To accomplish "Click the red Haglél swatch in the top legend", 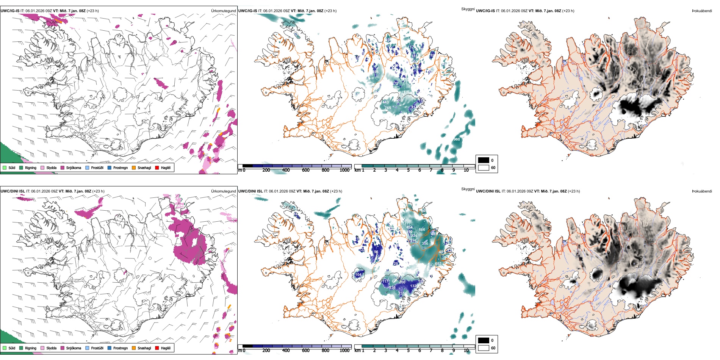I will (157, 167).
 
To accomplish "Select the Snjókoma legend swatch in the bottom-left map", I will (62, 348).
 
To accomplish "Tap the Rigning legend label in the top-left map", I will (31, 168).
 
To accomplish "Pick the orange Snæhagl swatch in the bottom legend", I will (134, 348).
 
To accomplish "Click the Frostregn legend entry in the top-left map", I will (121, 168).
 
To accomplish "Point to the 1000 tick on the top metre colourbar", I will (344, 170).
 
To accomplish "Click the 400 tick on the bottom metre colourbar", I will (286, 351).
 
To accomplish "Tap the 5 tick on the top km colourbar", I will (409, 170).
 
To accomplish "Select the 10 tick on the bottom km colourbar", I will (466, 351).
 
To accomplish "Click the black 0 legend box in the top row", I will (484, 160).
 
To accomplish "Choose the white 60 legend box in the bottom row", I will (484, 348).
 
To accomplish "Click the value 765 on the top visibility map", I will (388, 108).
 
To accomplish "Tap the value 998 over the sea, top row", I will (457, 139).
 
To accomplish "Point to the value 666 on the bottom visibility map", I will (422, 230).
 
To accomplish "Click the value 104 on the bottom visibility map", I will (358, 275).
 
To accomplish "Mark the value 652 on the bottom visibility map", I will (438, 264).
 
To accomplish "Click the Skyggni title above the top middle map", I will (468, 9).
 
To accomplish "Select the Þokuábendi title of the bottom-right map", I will (702, 191).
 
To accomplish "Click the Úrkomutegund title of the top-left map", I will (223, 11).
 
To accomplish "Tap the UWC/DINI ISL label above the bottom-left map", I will (13, 191).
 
